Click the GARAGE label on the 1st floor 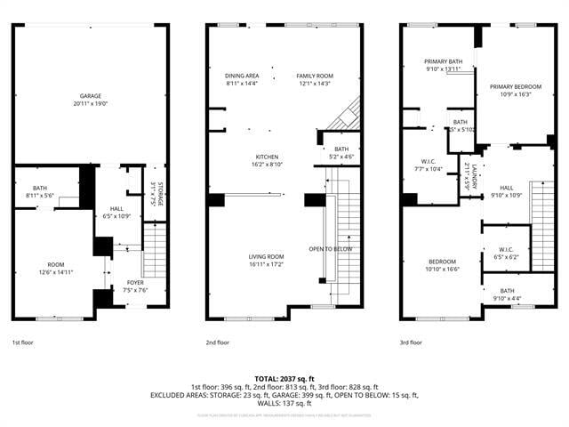pyautogui.click(x=90, y=95)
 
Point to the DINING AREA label pyautogui.click(x=241, y=77)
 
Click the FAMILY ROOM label pyautogui.click(x=314, y=77)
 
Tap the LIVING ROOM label pyautogui.click(x=266, y=257)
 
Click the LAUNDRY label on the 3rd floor pyautogui.click(x=474, y=176)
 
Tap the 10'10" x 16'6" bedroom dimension pyautogui.click(x=442, y=269)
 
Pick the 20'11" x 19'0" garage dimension pyautogui.click(x=90, y=103)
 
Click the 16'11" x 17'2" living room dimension pyautogui.click(x=266, y=265)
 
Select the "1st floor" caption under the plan pyautogui.click(x=22, y=342)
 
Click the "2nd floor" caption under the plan pyautogui.click(x=218, y=342)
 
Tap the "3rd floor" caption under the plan pyautogui.click(x=411, y=342)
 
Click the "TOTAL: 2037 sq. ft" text pyautogui.click(x=284, y=379)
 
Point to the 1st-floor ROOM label pyautogui.click(x=56, y=264)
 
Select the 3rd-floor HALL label pyautogui.click(x=506, y=188)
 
